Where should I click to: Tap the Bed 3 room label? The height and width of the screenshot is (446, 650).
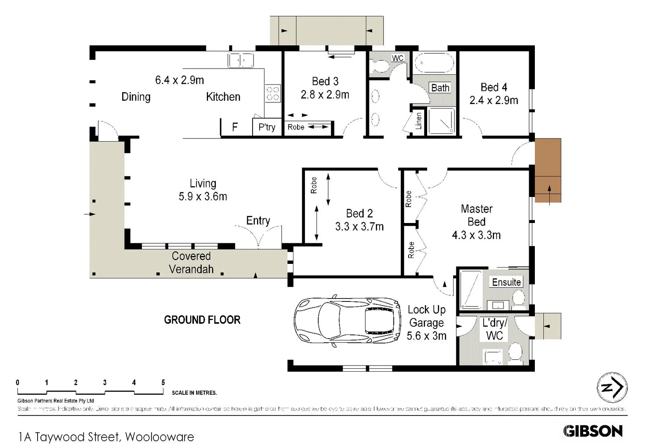pos(325,81)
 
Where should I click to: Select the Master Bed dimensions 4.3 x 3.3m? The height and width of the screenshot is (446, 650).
pos(476,235)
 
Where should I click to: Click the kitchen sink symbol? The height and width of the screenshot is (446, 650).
pos(241,60)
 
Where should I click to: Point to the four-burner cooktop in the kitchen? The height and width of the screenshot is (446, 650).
pos(272,93)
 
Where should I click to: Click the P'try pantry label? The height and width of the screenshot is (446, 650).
pos(267,127)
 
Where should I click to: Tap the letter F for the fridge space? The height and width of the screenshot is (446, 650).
pos(235,127)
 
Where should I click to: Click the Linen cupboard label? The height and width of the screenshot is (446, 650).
pos(418,121)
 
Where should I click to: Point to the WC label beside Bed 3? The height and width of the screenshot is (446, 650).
pos(397,58)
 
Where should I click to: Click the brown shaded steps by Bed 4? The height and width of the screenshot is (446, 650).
pos(548,170)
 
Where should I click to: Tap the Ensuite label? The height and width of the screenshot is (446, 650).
pos(506,282)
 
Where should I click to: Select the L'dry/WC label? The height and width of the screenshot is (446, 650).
pos(494,329)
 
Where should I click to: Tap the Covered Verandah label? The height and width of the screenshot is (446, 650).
pos(191,263)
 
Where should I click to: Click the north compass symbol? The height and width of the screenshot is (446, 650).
pos(612,388)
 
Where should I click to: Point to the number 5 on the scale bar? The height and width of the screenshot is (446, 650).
pos(163,382)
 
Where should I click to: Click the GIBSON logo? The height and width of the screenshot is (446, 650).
pos(593,431)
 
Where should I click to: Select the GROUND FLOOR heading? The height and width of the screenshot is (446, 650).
pos(202,320)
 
